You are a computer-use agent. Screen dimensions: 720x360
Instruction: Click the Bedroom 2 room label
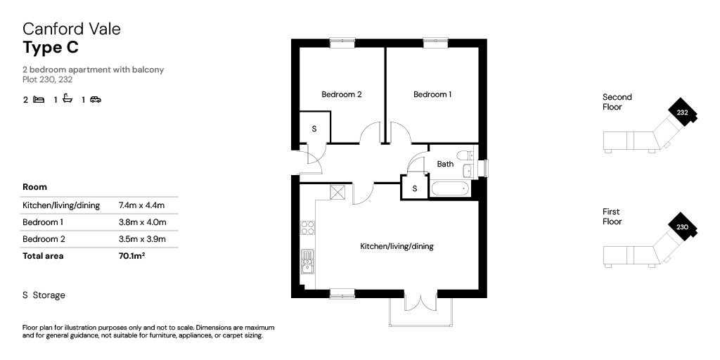click(x=341, y=95)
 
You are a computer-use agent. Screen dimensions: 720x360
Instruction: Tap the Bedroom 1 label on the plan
click(x=432, y=95)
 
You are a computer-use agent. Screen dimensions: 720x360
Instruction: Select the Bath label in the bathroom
click(x=445, y=164)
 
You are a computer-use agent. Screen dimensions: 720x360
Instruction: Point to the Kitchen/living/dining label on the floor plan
click(x=397, y=247)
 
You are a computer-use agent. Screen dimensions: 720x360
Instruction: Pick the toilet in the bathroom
click(x=465, y=155)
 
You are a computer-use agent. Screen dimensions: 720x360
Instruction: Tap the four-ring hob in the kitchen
click(x=308, y=228)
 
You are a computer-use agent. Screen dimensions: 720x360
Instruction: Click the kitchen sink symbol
click(x=308, y=262)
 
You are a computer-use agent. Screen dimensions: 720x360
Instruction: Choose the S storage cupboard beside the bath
click(x=415, y=187)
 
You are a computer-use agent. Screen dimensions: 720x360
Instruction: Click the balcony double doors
click(x=420, y=300)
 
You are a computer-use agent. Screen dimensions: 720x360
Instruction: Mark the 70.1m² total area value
click(x=131, y=256)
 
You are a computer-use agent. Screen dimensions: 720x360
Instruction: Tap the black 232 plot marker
click(x=682, y=111)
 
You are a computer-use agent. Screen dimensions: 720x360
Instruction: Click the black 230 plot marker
click(x=682, y=226)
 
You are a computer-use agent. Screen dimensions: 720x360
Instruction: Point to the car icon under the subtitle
click(x=96, y=99)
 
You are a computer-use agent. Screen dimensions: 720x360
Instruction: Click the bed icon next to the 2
click(x=39, y=99)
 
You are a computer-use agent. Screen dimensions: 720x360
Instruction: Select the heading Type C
click(x=51, y=47)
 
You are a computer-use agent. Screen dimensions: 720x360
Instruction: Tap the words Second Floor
click(x=617, y=102)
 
